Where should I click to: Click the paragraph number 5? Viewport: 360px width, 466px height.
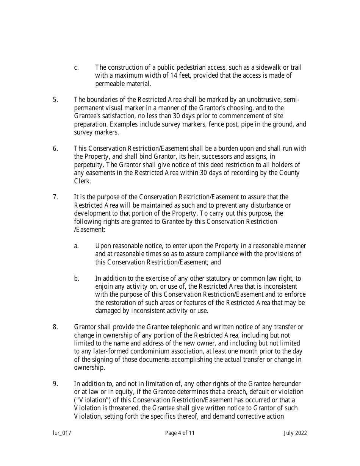[55, 100]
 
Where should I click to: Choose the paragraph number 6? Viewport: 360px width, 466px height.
[55, 149]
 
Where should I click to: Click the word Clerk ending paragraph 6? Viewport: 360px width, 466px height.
[82, 181]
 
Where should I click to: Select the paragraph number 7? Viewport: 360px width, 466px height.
[55, 197]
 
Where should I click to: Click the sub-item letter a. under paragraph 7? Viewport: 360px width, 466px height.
[77, 246]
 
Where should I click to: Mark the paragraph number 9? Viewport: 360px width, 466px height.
[55, 384]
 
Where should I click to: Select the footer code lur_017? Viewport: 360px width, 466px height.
[62, 433]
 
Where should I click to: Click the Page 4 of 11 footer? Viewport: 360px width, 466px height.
[180, 433]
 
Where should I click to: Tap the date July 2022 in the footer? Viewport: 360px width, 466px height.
[295, 433]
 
